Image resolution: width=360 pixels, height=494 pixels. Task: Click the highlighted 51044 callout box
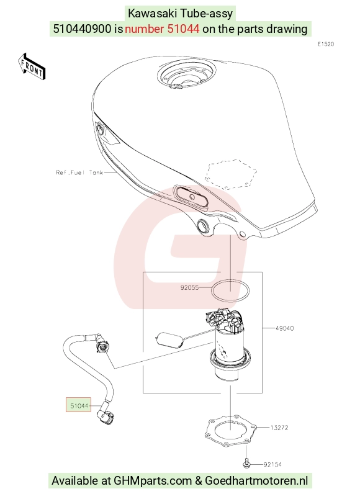point(78,405)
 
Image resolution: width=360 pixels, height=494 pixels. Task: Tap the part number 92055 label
point(189,287)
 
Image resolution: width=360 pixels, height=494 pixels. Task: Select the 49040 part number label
point(285,328)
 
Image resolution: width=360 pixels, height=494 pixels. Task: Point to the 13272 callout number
point(279,428)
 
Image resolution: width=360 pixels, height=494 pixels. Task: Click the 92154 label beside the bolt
point(272,464)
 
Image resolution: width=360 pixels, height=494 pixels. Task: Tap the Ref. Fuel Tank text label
point(79,173)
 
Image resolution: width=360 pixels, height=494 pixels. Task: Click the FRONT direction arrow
point(32,67)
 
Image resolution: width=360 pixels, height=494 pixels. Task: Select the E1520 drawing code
point(326,44)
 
